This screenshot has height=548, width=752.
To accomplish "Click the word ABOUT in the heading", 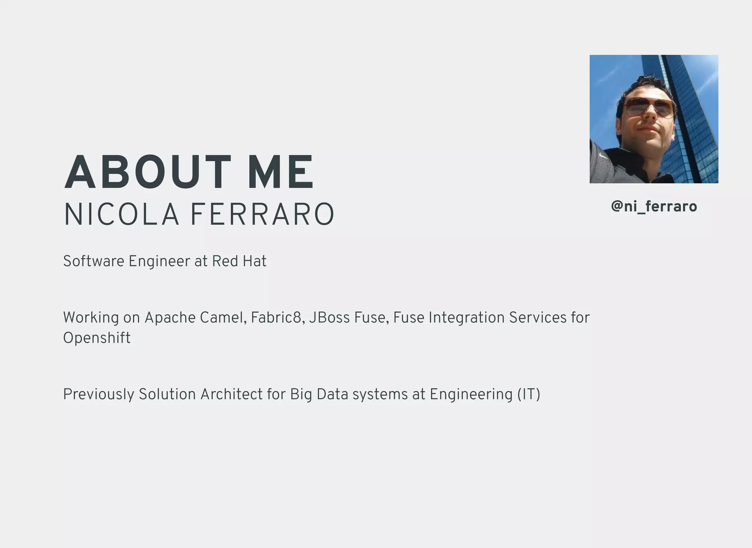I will tap(147, 172).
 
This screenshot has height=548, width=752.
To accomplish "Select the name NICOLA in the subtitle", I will tap(122, 215).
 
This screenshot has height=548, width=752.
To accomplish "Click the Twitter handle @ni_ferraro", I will tap(654, 207).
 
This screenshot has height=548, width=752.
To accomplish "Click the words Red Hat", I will tap(239, 262).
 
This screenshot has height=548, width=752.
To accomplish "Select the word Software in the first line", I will tap(94, 262).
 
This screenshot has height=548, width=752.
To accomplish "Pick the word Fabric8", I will tap(277, 318).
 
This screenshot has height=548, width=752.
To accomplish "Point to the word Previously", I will tap(98, 395).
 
